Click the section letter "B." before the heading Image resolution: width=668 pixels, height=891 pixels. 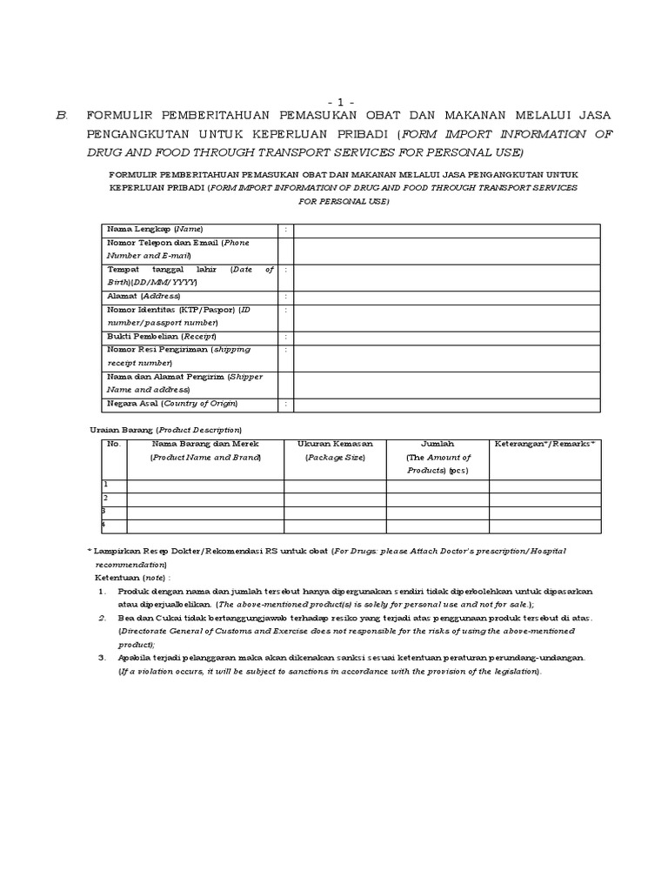(61, 116)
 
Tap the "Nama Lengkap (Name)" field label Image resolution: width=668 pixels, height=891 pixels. (154, 229)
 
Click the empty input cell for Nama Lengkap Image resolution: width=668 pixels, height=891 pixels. (446, 229)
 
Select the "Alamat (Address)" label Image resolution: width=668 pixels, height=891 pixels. (144, 297)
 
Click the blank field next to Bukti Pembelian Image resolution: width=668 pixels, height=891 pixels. (446, 337)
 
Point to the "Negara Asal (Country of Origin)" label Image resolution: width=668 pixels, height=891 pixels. (171, 404)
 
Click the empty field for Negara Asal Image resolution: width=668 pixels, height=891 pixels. (446, 404)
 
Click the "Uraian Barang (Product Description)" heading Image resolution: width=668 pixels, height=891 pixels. (166, 430)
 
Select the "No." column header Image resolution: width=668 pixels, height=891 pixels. (112, 444)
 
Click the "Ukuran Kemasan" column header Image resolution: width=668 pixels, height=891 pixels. (335, 444)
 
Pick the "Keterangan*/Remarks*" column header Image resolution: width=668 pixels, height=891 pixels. (544, 444)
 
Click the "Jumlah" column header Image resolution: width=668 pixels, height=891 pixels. (438, 444)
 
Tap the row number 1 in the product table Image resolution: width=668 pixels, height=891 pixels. (106, 485)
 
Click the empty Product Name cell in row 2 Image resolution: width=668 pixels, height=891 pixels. (205, 499)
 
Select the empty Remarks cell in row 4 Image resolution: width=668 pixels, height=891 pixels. (544, 526)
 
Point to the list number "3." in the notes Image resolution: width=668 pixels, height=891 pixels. (102, 658)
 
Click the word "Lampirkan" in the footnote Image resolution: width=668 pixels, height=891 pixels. (115, 551)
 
